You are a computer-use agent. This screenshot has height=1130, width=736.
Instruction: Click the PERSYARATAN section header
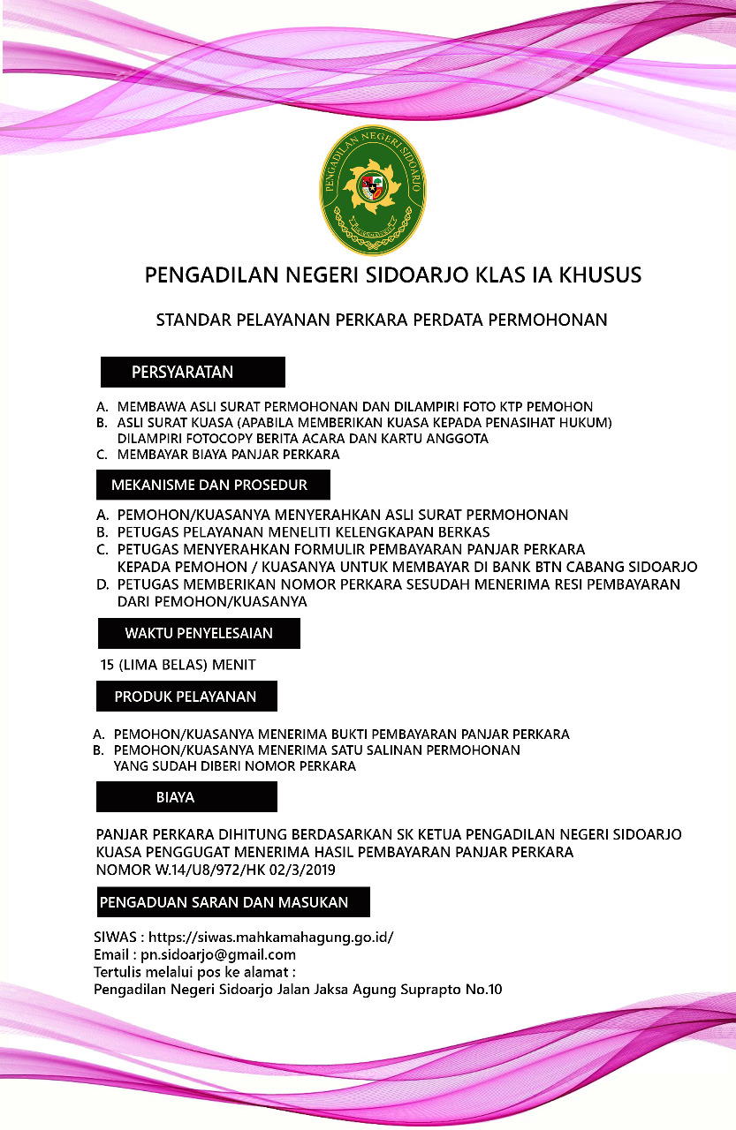193,372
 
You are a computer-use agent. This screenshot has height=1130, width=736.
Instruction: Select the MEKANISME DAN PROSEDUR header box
213,485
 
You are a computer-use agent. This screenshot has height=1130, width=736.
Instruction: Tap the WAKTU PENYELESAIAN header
198,633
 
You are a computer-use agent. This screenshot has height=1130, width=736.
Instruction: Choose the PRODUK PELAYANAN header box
186,697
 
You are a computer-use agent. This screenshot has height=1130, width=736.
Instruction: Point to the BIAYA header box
186,796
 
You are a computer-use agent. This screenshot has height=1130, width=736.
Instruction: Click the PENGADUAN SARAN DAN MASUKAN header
232,902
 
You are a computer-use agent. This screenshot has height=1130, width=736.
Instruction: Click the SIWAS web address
270,938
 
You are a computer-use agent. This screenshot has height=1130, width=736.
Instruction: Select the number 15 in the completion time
108,664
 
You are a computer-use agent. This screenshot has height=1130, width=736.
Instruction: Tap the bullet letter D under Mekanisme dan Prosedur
102,584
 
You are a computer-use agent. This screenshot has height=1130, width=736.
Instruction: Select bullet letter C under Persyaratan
102,455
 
